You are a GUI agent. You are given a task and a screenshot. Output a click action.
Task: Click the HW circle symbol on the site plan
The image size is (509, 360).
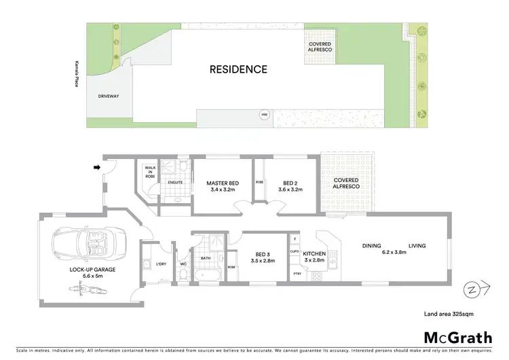tap(265, 115)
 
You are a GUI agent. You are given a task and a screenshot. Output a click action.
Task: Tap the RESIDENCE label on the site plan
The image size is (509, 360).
tap(238, 69)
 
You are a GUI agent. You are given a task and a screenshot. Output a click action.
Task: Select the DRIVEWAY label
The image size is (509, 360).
tap(109, 96)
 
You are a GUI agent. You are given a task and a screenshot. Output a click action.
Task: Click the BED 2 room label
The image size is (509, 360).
tap(290, 185)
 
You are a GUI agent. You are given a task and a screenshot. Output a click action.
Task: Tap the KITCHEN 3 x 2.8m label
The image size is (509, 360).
tap(314, 256)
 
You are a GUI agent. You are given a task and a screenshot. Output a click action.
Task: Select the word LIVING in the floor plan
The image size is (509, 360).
tap(417, 246)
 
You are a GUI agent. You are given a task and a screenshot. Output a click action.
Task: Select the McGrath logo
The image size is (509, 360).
tap(458, 338)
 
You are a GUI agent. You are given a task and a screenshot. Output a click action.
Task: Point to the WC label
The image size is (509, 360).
tap(183, 264)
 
